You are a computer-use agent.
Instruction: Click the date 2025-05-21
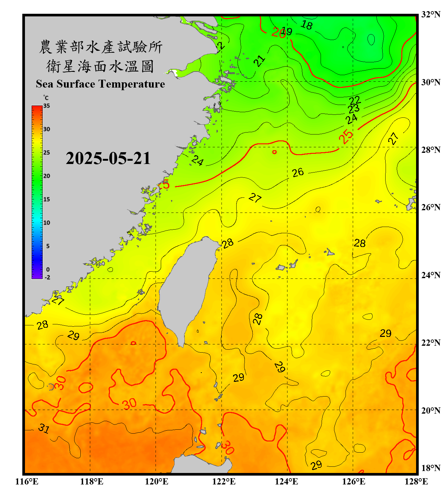click(x=108, y=158)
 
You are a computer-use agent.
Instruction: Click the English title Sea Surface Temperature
click(x=100, y=84)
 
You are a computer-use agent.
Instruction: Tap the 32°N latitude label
click(x=431, y=14)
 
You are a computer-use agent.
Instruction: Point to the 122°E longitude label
click(x=224, y=482)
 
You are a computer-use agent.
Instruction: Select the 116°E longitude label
click(x=27, y=482)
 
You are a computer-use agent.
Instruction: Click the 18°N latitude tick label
click(x=431, y=468)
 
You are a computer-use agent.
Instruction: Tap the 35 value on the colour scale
click(x=47, y=106)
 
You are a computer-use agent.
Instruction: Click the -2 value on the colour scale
click(x=47, y=277)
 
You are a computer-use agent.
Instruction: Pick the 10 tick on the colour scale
click(x=47, y=223)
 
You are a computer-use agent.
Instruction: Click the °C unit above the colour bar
click(x=46, y=98)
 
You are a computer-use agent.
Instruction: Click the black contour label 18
click(x=307, y=25)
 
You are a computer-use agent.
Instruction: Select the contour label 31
click(x=44, y=428)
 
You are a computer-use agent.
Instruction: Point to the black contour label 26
click(x=298, y=172)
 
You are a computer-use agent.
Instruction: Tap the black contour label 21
click(x=260, y=61)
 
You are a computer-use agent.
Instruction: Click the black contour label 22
click(x=355, y=100)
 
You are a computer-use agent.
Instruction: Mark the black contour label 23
click(x=354, y=109)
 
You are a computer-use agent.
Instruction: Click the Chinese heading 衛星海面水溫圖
click(x=100, y=66)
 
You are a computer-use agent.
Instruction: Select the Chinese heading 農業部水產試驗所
click(x=100, y=47)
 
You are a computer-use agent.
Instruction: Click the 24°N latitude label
click(x=431, y=275)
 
